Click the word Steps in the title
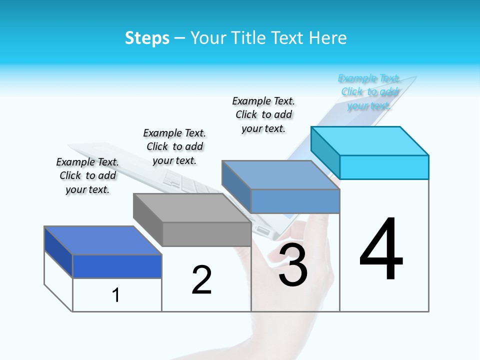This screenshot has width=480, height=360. click(x=147, y=38)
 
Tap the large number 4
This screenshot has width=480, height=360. click(x=381, y=249)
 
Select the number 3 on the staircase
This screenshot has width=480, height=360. click(x=293, y=265)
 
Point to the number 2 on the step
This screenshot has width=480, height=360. click(x=201, y=280)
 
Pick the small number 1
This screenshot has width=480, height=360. click(x=115, y=295)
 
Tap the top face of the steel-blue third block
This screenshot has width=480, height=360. click(x=280, y=175)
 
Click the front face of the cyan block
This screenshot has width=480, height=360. click(x=384, y=167)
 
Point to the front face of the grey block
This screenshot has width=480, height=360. click(x=206, y=234)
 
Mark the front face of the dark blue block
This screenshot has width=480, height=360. click(x=117, y=266)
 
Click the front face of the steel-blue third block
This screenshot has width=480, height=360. click(x=295, y=201)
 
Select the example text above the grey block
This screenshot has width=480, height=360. click(x=174, y=146)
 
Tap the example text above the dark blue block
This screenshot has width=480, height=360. click(x=87, y=175)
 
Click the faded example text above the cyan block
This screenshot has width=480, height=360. click(x=369, y=92)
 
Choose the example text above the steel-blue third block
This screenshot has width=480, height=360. click(x=263, y=114)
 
